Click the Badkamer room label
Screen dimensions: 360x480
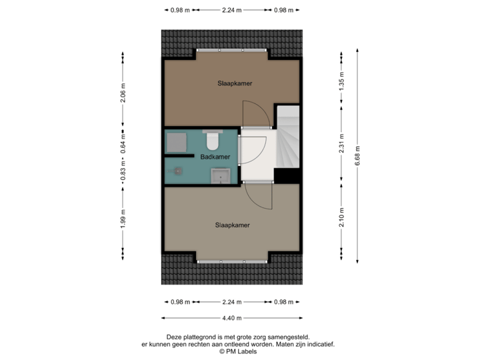pyautogui.click(x=215, y=157)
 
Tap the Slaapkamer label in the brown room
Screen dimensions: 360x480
pyautogui.click(x=233, y=84)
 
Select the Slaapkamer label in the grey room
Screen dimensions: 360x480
pyautogui.click(x=232, y=225)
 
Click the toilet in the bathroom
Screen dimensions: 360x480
pyautogui.click(x=213, y=140)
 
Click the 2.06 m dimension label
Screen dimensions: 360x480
pyautogui.click(x=123, y=97)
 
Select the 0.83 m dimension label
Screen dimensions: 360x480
pyautogui.click(x=123, y=173)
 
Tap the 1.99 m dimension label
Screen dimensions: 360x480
pyautogui.click(x=123, y=219)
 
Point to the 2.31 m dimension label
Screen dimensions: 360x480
pyautogui.click(x=342, y=144)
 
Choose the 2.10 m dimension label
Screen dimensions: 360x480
pyautogui.click(x=342, y=218)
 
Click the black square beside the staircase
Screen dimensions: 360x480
pyautogui.click(x=287, y=176)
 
